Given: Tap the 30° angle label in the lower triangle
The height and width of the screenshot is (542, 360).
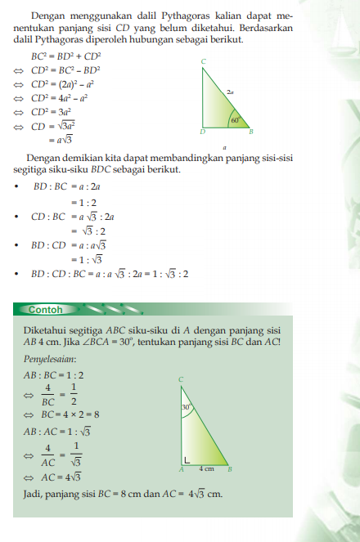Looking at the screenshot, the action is [186, 406].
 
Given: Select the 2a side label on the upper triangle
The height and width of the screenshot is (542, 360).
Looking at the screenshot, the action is [232, 92].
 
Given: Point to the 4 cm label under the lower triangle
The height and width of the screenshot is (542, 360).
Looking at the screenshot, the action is [207, 468].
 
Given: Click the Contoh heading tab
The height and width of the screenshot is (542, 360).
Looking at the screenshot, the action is [46, 310].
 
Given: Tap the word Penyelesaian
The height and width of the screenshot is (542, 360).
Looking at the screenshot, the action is [50, 358].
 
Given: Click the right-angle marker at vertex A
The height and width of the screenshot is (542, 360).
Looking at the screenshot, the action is [187, 459].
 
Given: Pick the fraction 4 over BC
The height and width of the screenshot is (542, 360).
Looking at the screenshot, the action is [48, 395].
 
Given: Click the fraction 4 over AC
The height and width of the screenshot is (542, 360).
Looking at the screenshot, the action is [48, 453].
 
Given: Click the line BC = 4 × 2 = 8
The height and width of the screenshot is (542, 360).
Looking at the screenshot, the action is [70, 414].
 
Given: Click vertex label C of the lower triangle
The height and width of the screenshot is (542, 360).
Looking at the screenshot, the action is [180, 379].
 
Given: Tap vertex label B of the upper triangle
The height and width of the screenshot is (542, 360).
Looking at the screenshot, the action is [250, 131].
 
